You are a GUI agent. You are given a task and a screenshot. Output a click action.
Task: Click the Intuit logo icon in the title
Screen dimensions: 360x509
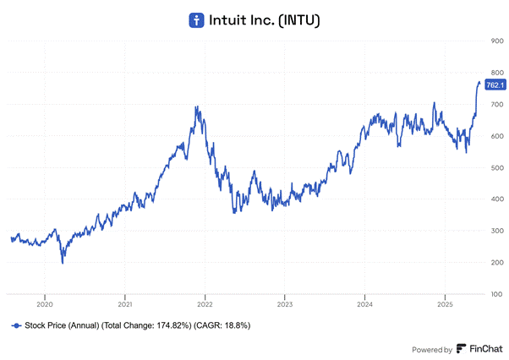(x=196, y=19)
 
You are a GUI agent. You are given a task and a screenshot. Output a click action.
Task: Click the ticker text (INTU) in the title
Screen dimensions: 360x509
(x=296, y=19)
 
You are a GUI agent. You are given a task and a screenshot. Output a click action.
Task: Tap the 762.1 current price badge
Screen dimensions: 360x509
(x=495, y=85)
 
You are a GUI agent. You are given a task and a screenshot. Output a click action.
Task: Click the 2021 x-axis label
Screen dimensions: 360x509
(x=125, y=303)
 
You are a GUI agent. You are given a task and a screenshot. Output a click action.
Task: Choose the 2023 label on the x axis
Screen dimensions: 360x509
(x=285, y=303)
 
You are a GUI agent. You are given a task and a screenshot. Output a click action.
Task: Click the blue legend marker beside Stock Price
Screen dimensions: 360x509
(x=16, y=325)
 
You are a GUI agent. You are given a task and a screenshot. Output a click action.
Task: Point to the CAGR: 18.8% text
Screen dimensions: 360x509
(x=222, y=325)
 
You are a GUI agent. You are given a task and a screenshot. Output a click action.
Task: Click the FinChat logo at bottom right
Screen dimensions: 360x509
(x=479, y=348)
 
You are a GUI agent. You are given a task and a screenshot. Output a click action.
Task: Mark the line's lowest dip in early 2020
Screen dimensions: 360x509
(x=63, y=263)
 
